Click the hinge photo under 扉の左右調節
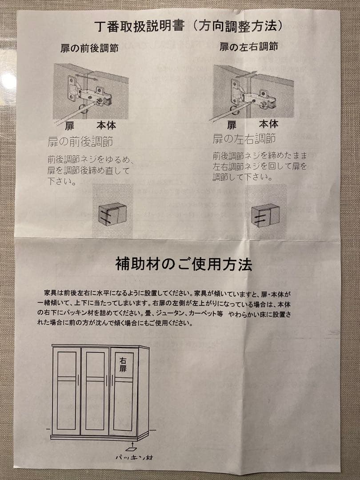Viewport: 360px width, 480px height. coord(253,92)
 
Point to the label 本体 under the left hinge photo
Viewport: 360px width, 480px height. coord(106,125)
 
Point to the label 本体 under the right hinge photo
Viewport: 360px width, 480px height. coord(268,124)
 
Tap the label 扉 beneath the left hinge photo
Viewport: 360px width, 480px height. coord(70,126)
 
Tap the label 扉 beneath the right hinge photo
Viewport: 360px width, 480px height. coord(232,125)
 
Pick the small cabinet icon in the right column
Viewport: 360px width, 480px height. coord(265,216)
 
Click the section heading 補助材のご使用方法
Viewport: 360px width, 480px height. coord(184,264)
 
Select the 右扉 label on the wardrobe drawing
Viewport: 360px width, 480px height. coord(123,365)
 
